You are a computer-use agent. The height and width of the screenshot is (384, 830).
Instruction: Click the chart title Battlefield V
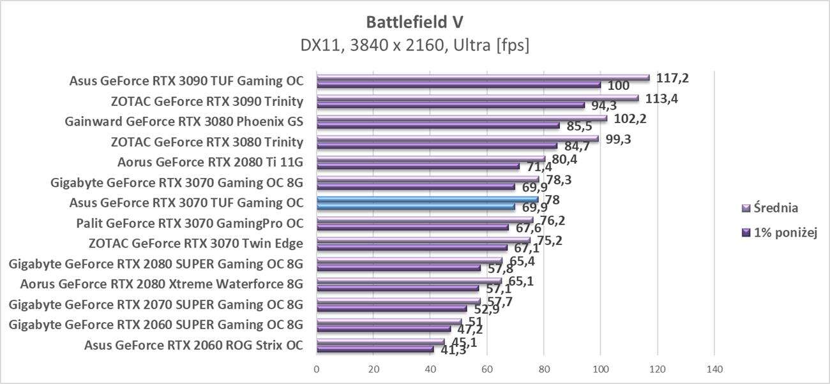click(414, 22)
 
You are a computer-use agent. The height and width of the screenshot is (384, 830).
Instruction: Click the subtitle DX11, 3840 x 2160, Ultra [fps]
click(414, 46)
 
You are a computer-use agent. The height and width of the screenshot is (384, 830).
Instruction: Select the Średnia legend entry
click(775, 208)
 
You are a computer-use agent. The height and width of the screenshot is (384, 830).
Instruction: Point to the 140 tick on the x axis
click(714, 369)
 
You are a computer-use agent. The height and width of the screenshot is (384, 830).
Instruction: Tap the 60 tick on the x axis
click(487, 369)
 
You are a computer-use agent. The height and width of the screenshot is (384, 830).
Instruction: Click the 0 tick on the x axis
click(317, 369)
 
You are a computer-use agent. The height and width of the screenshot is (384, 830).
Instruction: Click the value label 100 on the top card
click(618, 85)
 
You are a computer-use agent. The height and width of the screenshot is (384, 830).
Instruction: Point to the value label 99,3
click(618, 139)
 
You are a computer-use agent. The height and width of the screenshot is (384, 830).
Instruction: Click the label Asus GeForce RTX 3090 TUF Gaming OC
click(186, 81)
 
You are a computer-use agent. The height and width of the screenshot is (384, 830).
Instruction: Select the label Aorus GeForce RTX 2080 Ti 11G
click(210, 162)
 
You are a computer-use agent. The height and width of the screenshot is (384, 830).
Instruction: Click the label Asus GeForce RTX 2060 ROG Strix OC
click(193, 346)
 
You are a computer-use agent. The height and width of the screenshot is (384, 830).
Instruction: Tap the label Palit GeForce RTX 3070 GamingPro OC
click(189, 223)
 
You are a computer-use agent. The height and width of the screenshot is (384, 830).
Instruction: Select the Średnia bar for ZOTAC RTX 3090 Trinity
click(477, 98)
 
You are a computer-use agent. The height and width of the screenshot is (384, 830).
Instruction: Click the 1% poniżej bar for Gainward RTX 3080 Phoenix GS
click(437, 125)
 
